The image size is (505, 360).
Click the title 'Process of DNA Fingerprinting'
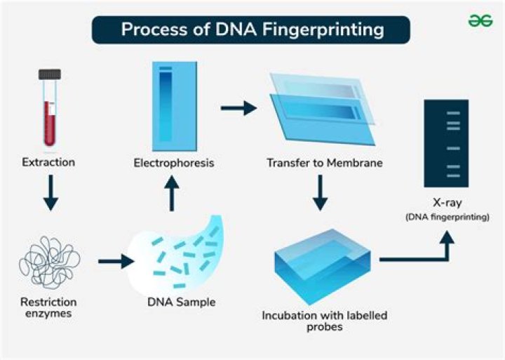[x=252, y=29]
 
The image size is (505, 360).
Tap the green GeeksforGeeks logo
[x=480, y=21]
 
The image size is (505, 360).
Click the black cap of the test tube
[x=48, y=72]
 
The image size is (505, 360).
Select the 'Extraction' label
[x=48, y=163]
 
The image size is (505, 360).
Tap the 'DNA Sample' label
[x=182, y=302]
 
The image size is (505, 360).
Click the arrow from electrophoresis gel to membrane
[x=237, y=108]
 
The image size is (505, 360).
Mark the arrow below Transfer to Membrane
[x=320, y=193]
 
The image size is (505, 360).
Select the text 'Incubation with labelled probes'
[x=324, y=321]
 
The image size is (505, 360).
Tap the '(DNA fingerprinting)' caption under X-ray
[x=447, y=218]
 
